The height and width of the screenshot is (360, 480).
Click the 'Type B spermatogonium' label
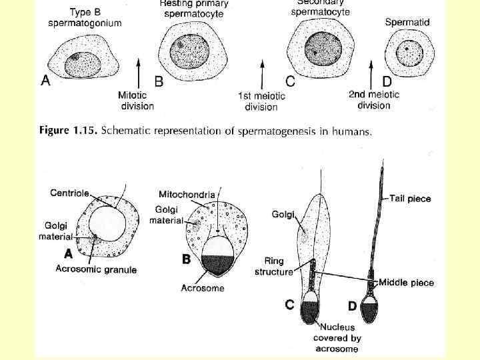point(85,18)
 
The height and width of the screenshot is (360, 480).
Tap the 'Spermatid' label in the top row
point(407,22)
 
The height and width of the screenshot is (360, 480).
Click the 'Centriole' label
point(70,193)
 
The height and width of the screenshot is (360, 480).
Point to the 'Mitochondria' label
point(187,194)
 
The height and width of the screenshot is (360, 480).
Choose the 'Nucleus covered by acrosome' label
point(337,337)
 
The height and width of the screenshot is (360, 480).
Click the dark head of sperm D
point(369,309)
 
